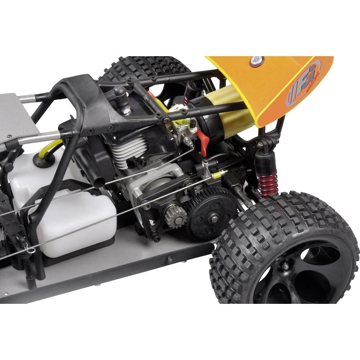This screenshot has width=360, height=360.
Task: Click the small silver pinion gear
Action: coord(176,216)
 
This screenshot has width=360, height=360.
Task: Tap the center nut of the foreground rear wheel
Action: coord(285,266)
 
